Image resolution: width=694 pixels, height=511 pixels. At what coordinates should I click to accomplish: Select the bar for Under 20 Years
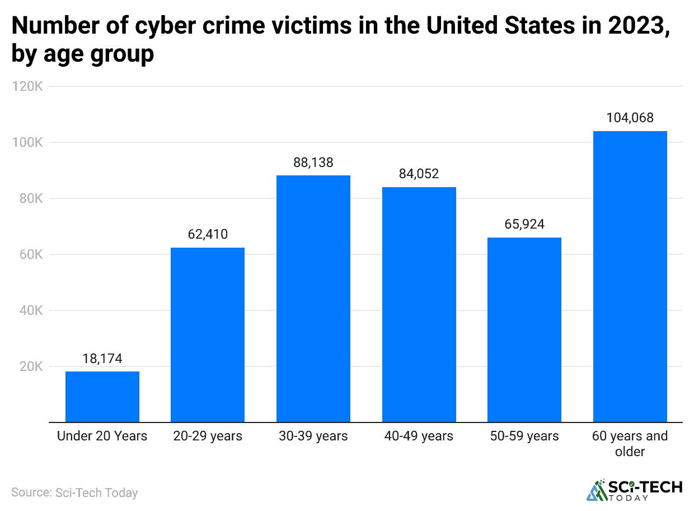click(102, 397)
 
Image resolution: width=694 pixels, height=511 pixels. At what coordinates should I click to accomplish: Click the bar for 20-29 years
click(208, 335)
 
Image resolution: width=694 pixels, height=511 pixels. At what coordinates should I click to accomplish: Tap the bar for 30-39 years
click(313, 299)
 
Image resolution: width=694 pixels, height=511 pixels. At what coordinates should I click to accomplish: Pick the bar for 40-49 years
click(419, 304)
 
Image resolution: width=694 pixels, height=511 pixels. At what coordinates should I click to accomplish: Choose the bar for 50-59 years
click(524, 329)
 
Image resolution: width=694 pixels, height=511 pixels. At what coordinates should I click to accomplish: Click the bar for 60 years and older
click(630, 276)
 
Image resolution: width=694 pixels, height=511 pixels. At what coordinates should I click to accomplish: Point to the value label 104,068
click(630, 118)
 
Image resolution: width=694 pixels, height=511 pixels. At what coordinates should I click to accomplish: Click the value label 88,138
click(313, 162)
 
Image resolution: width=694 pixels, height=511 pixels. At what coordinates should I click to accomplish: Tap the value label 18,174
click(102, 359)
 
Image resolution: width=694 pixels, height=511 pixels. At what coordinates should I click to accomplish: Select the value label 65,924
click(524, 225)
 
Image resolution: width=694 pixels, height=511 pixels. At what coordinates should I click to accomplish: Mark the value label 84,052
click(419, 174)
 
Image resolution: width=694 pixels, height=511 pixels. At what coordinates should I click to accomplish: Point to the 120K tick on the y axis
click(27, 86)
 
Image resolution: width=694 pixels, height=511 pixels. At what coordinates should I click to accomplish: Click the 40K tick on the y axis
click(30, 310)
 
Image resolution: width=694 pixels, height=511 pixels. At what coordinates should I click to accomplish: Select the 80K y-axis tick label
click(30, 198)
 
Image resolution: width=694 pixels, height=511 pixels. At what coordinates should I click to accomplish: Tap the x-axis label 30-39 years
click(313, 436)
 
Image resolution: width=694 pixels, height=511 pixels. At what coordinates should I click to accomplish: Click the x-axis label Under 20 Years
click(102, 436)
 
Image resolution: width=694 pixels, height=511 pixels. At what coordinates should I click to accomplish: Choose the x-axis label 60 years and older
click(630, 443)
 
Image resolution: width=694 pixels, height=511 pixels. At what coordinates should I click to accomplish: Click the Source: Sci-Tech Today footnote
click(74, 493)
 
